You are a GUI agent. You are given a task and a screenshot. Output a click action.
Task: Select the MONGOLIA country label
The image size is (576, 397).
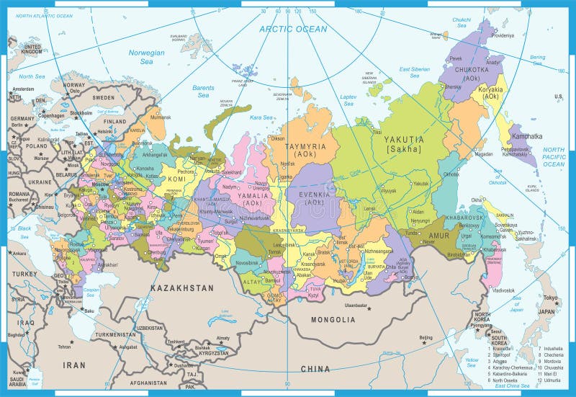(333, 318)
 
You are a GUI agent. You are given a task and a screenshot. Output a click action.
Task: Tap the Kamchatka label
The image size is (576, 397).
(526, 135)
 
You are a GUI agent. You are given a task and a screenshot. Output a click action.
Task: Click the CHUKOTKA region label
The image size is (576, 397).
(471, 70)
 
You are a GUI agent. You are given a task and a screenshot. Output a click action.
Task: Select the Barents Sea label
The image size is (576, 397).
(203, 91)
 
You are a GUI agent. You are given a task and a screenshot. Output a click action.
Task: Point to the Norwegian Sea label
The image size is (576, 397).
(146, 57)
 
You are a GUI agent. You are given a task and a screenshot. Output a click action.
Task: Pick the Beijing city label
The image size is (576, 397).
(426, 337)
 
